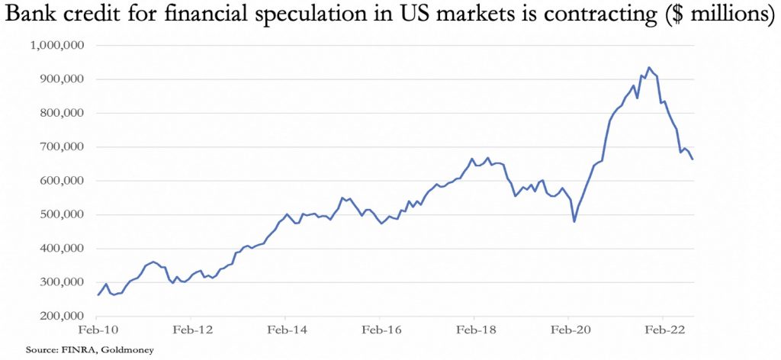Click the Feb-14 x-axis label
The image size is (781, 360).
click(x=285, y=332)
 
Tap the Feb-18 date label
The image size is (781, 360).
click(x=474, y=332)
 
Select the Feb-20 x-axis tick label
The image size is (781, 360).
click(x=568, y=332)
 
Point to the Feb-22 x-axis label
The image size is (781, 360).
click(x=662, y=332)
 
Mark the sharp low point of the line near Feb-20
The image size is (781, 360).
click(x=574, y=221)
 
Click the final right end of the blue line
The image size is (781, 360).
click(x=693, y=159)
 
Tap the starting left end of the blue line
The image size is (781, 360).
click(x=98, y=294)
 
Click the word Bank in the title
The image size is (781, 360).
click(x=28, y=16)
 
